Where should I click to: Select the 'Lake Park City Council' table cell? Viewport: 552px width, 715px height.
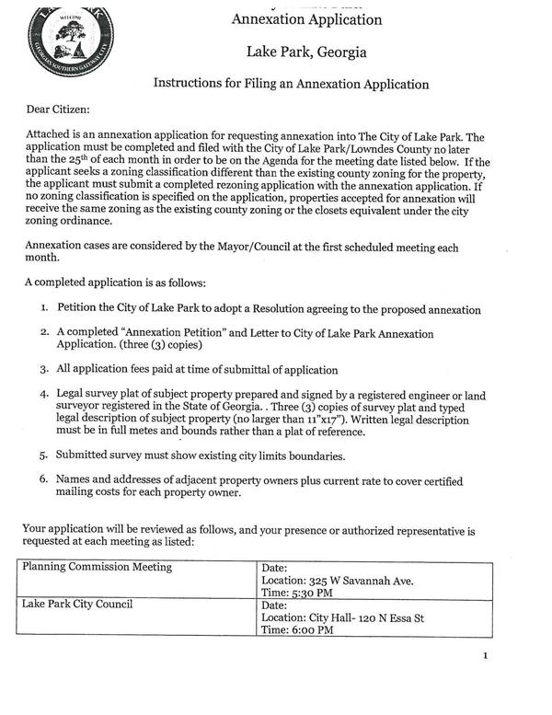point(77,605)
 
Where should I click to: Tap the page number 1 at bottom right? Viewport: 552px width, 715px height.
point(485,656)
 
